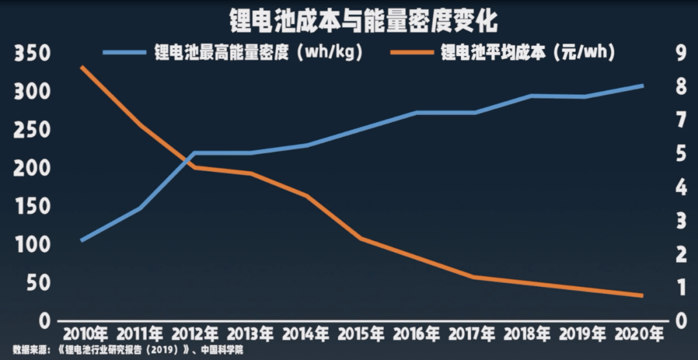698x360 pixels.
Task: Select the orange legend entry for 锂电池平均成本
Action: click(x=527, y=52)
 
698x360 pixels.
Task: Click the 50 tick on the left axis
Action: click(x=37, y=283)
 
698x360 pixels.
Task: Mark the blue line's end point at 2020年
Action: click(x=642, y=85)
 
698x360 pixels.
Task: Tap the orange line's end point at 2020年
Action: click(x=642, y=296)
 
